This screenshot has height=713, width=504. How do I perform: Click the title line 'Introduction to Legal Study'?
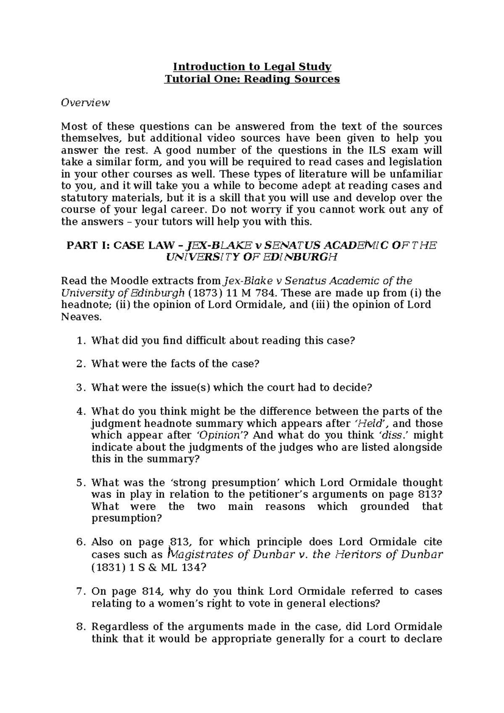[x=252, y=67]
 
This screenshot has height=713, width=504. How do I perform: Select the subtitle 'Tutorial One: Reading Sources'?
[x=252, y=79]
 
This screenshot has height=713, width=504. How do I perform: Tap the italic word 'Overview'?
[x=85, y=103]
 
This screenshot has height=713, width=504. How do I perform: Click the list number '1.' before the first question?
[x=81, y=341]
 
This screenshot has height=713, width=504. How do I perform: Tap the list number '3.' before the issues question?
[x=81, y=388]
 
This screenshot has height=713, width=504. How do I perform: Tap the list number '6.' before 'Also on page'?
[x=81, y=542]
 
